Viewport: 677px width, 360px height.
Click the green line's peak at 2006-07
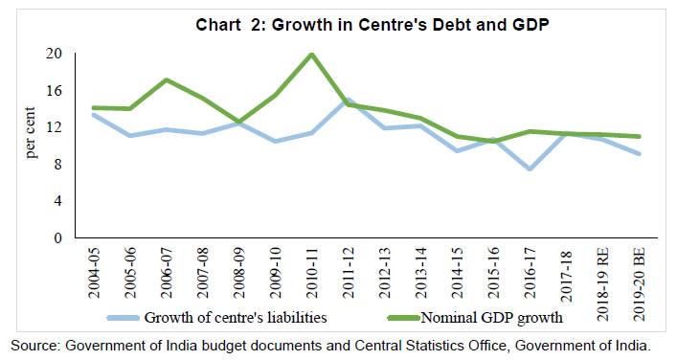pos(168,79)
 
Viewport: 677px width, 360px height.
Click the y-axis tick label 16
pos(55,90)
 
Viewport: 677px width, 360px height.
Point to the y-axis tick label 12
pos(55,126)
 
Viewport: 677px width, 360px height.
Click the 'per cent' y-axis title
pos(30,145)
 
